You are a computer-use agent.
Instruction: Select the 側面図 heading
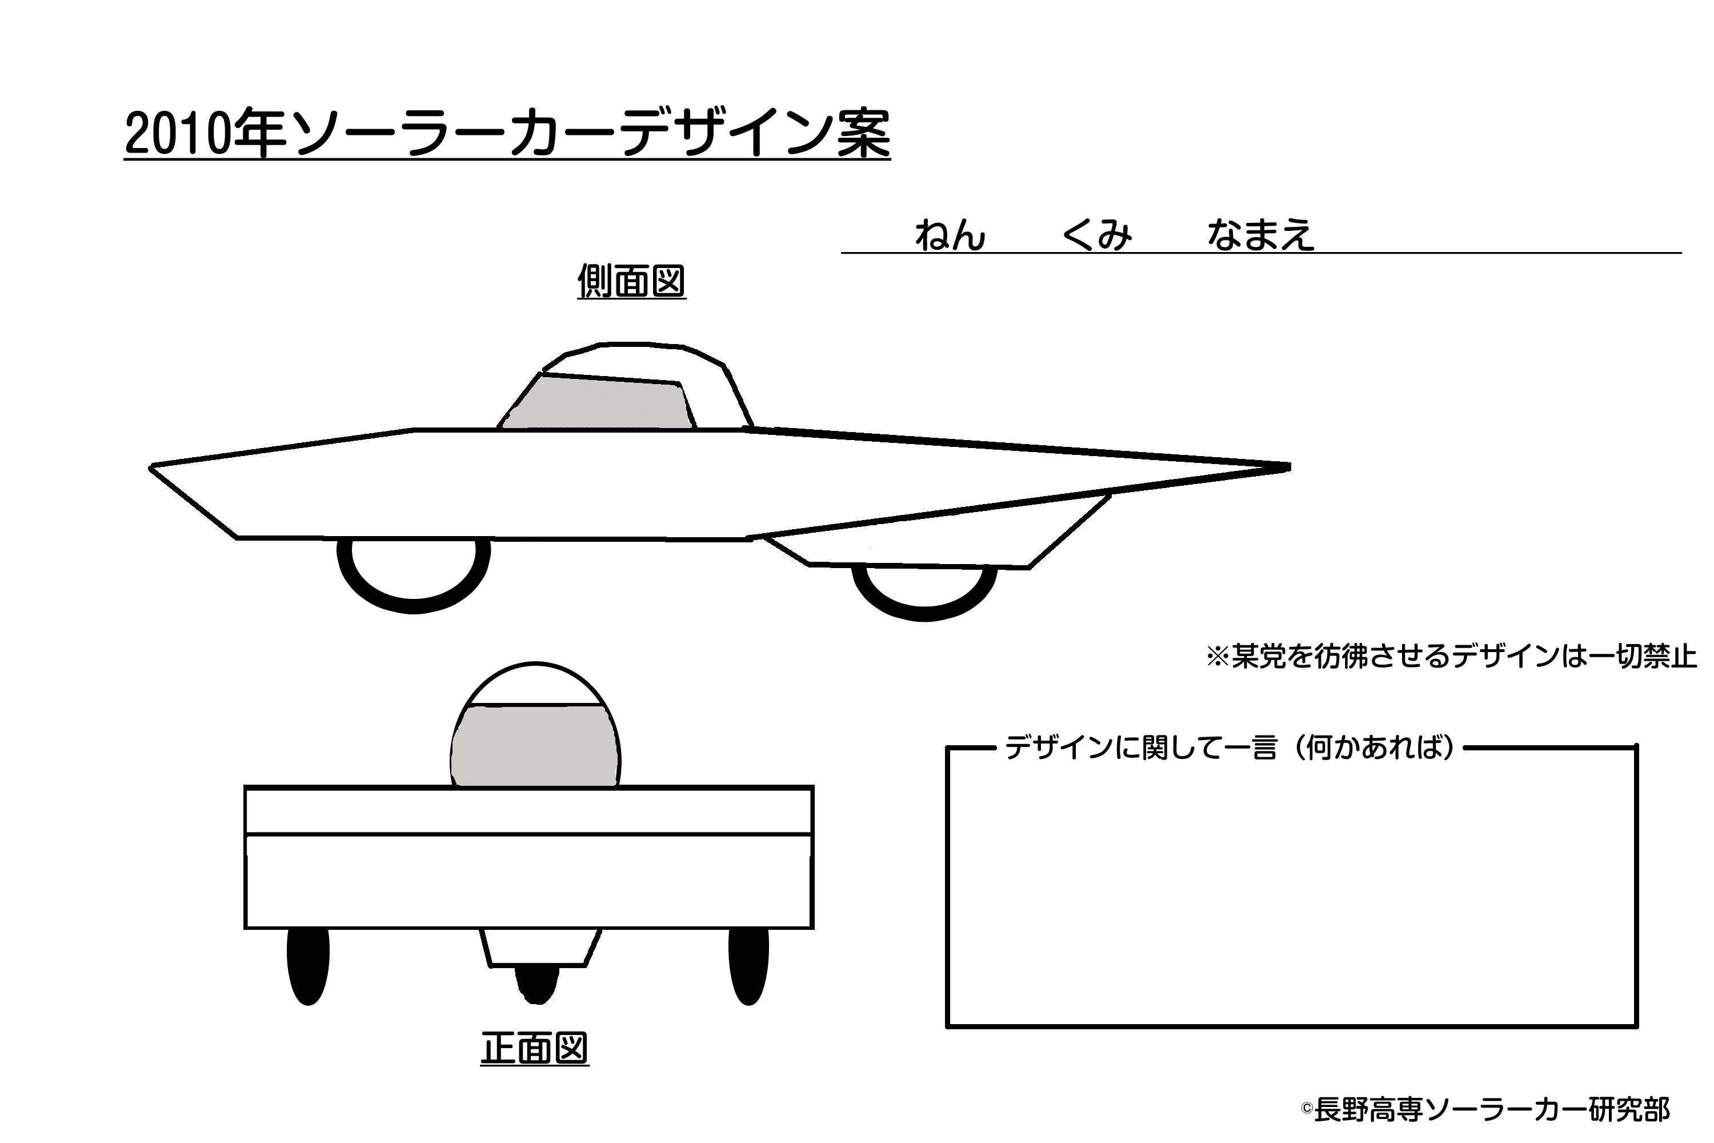pyautogui.click(x=632, y=281)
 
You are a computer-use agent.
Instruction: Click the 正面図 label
pyautogui.click(x=534, y=1048)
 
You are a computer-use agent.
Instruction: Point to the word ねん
pyautogui.click(x=950, y=235)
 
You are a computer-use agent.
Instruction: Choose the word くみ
pyautogui.click(x=1098, y=235)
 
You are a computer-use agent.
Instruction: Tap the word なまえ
pyautogui.click(x=1262, y=235)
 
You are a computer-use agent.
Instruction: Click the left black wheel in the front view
pyautogui.click(x=309, y=966)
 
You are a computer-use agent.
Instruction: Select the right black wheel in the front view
pyautogui.click(x=748, y=966)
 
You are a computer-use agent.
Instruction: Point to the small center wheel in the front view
pyautogui.click(x=537, y=985)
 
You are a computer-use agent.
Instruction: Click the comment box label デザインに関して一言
pyautogui.click(x=1140, y=748)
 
